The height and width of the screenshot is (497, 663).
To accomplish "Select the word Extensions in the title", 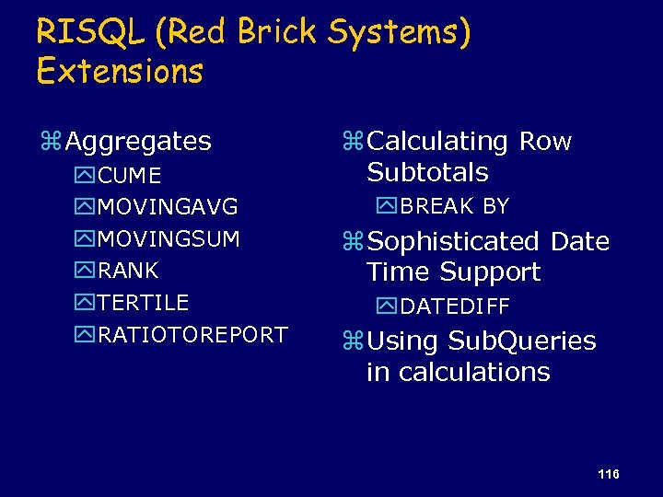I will pyautogui.click(x=120, y=72).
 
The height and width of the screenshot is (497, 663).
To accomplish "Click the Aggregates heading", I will pyautogui.click(x=138, y=142).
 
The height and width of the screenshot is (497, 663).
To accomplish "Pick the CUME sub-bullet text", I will pyautogui.click(x=129, y=176).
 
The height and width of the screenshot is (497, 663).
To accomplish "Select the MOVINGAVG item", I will pyautogui.click(x=168, y=207).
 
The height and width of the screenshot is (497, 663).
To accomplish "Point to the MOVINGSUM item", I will pyautogui.click(x=169, y=239).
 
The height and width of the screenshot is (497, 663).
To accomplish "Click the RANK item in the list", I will pyautogui.click(x=128, y=271).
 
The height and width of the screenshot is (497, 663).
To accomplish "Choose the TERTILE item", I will pyautogui.click(x=143, y=303).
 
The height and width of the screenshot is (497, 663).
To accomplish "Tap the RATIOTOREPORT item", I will pyautogui.click(x=192, y=334).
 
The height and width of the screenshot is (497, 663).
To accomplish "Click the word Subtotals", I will pyautogui.click(x=427, y=172).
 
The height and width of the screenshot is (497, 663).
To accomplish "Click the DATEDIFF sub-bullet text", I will pyautogui.click(x=454, y=306).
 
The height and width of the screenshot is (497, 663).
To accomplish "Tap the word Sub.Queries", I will pyautogui.click(x=521, y=341).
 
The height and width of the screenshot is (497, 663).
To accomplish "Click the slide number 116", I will pyautogui.click(x=608, y=474).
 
